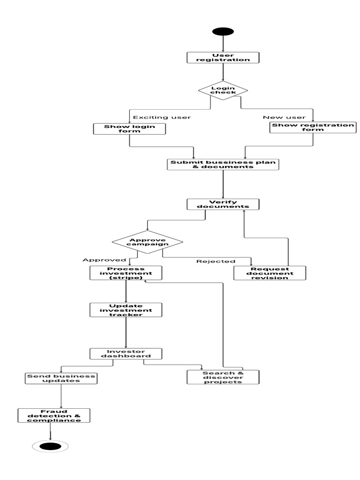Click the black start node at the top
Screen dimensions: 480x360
[x=223, y=31]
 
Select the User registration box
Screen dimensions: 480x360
[x=223, y=58]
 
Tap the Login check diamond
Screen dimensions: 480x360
[x=223, y=90]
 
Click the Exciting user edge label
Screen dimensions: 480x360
[x=162, y=117]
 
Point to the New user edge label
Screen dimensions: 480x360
[x=284, y=117]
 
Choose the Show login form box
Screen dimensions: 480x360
[x=129, y=129]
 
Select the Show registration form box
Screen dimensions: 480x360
[x=313, y=127]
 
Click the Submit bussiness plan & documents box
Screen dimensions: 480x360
[x=223, y=165]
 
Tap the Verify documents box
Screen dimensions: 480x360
[x=223, y=204]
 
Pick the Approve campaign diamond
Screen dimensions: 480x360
[x=147, y=242]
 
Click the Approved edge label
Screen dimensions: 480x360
[x=104, y=260]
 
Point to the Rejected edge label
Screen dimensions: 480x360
[x=216, y=261]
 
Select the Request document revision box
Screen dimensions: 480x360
[x=270, y=273]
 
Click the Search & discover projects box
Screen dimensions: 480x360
[x=223, y=377]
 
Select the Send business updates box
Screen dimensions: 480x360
[x=61, y=378]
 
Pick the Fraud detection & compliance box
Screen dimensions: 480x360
[x=53, y=416]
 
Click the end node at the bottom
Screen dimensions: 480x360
[x=50, y=446]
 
